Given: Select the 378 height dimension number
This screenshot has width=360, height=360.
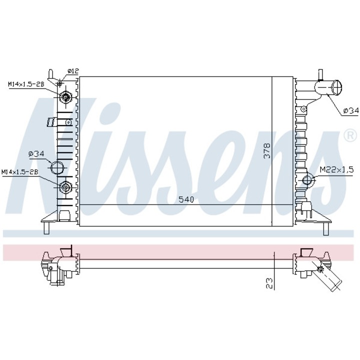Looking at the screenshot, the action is click(x=267, y=151).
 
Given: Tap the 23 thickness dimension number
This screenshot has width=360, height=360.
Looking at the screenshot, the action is click(x=269, y=283).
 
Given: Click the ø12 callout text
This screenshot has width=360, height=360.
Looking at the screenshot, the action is click(x=73, y=71).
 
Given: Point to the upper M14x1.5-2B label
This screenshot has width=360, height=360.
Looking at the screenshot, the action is click(x=26, y=84).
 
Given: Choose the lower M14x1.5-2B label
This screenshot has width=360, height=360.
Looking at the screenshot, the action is click(x=20, y=172).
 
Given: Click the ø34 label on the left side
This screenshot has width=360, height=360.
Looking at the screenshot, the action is click(x=36, y=154).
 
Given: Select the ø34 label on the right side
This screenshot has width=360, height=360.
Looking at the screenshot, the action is click(x=350, y=111).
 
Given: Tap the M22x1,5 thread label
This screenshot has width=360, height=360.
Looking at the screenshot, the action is click(x=337, y=170).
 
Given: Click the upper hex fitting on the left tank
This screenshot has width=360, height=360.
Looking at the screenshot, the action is click(x=65, y=97).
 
